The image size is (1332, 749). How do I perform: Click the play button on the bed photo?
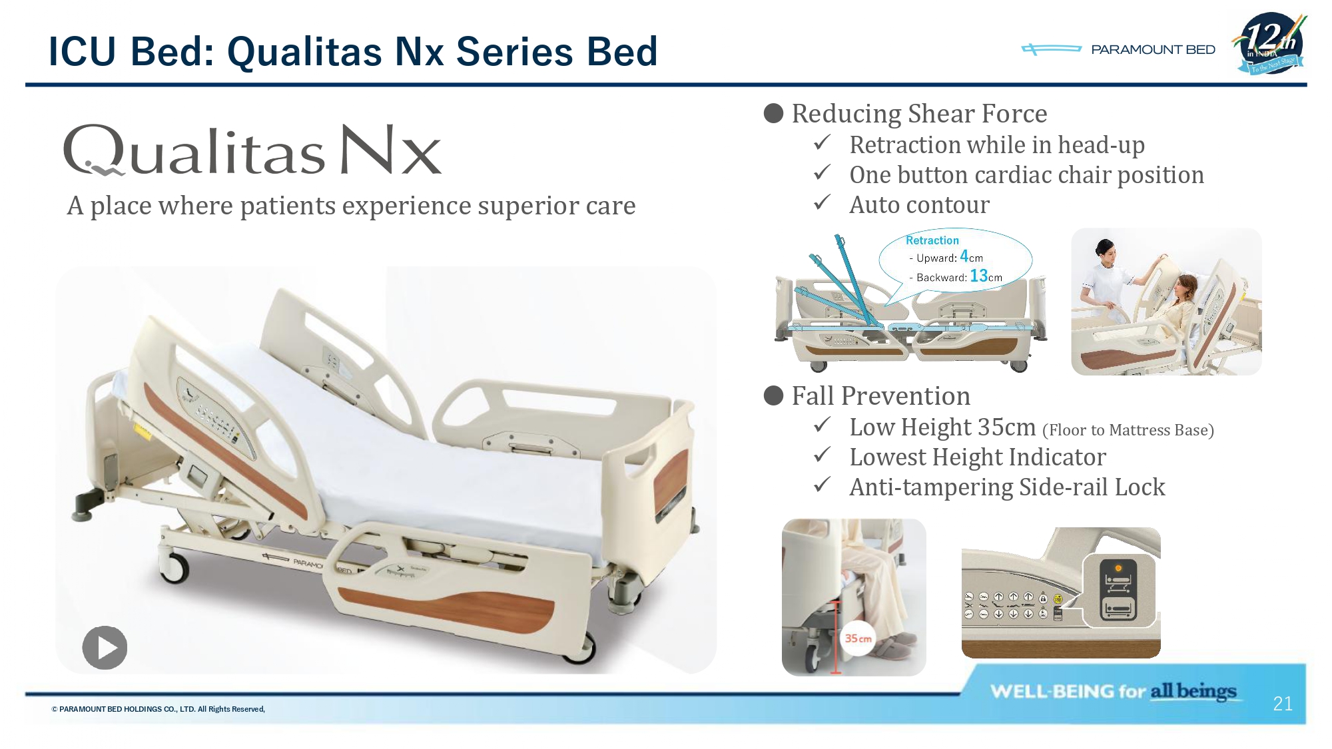105,647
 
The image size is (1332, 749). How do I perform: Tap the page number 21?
1283,704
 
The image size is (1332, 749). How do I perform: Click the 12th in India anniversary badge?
1271,43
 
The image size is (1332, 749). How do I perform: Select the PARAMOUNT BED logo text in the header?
1153,50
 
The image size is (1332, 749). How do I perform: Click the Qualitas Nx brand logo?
252,150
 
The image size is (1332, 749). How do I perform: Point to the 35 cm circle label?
858,638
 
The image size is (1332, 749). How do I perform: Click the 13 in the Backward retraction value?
978,276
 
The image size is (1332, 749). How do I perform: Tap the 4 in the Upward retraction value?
964,256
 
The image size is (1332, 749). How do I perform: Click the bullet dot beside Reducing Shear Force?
773,114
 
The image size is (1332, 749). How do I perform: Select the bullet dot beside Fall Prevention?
773,396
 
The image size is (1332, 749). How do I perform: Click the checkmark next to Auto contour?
823,202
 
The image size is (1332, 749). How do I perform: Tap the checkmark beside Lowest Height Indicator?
823,454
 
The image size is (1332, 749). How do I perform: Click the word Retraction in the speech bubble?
932,240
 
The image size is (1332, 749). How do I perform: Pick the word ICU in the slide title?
83,52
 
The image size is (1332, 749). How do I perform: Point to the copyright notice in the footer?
159,709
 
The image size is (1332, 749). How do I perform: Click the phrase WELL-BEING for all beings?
1113,691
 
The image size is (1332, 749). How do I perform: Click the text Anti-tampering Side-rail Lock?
1007,487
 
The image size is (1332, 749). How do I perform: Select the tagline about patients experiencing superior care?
351,206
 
